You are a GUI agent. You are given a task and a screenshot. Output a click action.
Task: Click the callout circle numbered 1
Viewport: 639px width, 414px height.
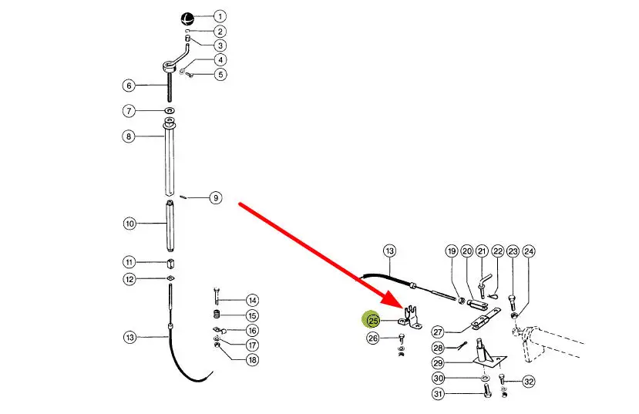click(220, 16)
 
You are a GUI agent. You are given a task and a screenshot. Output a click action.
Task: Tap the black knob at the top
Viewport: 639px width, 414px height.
click(187, 19)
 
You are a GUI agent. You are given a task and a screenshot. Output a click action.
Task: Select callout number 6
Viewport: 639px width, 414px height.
click(129, 85)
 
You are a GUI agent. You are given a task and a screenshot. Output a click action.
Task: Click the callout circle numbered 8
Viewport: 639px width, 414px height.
click(129, 136)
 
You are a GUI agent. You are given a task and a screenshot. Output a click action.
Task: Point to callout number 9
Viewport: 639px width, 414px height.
click(216, 198)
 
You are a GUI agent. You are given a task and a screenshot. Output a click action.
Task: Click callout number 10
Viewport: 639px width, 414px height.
click(129, 224)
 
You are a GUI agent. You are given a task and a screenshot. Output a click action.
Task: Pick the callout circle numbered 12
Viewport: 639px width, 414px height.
click(129, 278)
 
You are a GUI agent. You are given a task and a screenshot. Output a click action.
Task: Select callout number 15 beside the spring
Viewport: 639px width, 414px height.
click(252, 315)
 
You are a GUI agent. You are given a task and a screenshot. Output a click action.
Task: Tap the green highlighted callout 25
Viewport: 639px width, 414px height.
click(373, 321)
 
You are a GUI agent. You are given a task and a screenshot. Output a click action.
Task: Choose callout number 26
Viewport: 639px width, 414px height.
click(373, 338)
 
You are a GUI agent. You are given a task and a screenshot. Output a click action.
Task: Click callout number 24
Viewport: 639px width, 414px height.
click(528, 251)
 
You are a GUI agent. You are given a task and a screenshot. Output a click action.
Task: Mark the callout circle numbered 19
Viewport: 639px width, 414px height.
click(452, 251)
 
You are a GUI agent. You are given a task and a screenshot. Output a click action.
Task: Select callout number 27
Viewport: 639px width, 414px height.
click(437, 332)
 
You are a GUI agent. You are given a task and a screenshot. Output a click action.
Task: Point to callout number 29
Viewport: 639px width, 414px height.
click(437, 362)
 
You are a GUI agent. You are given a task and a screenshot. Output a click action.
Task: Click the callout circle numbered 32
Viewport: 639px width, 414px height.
click(528, 382)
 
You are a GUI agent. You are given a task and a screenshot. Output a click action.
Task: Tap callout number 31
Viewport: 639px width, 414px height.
click(437, 394)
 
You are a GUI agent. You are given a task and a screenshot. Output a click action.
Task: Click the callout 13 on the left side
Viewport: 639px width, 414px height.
click(129, 337)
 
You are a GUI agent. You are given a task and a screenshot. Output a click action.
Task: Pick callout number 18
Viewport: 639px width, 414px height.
click(252, 360)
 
